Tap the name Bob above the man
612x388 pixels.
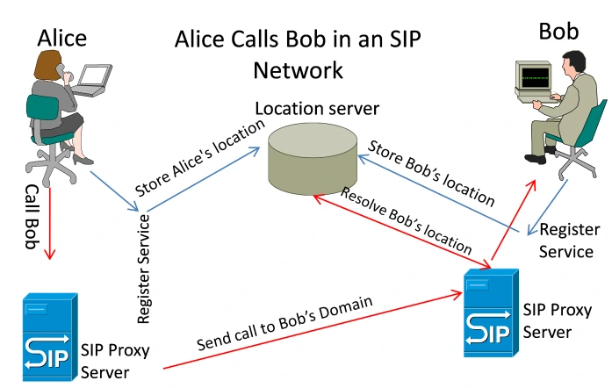560,33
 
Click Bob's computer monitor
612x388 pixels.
532,79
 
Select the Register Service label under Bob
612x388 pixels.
565,241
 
